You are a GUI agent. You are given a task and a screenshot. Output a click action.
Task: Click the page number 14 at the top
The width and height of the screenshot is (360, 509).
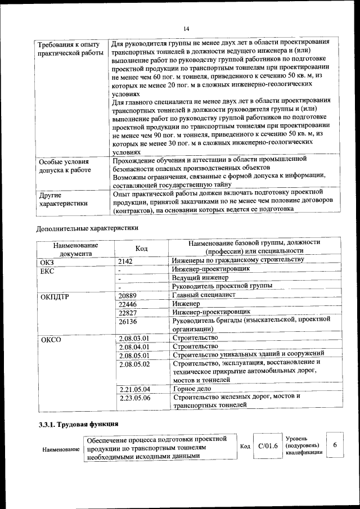(186, 29)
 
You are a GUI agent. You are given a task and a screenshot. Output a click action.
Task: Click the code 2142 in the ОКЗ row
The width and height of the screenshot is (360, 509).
(127, 261)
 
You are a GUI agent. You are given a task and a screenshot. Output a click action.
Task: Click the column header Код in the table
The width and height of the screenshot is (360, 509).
(142, 249)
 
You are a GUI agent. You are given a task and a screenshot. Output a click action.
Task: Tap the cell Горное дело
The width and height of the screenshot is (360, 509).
(192, 389)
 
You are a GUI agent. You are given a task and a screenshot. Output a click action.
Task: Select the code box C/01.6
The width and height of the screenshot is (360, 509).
(268, 446)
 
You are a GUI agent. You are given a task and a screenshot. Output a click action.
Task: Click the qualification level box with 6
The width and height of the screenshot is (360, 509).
(335, 445)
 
